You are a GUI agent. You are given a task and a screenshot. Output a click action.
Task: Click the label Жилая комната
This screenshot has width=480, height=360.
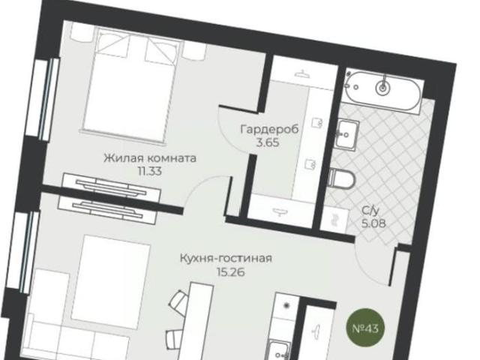tap(149, 158)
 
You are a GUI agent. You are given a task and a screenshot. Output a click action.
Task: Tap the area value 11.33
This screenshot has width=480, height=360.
tap(149, 171)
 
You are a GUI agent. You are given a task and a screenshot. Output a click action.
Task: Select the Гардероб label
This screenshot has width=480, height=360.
tap(269, 129)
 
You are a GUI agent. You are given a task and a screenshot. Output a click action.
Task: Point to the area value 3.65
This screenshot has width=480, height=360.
tap(268, 142)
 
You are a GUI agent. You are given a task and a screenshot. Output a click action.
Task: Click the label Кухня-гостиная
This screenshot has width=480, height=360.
tap(225, 259)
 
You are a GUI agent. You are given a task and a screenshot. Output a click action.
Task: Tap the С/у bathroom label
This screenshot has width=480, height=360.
tap(368, 211)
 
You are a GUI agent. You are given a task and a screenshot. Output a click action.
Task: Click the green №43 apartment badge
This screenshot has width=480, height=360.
tap(364, 328)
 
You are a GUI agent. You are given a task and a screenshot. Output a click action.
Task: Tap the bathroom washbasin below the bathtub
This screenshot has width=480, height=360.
tap(346, 135)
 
